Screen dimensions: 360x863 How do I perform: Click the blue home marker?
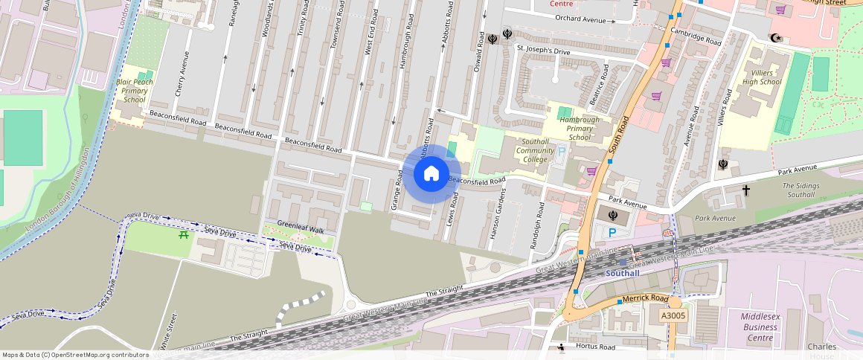pos(431,174)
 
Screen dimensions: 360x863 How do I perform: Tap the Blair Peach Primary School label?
pos(135,90)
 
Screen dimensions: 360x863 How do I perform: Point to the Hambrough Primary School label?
pos(580,128)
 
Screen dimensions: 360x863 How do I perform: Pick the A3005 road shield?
pos(673,316)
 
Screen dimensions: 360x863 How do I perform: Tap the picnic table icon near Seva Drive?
pos(183,235)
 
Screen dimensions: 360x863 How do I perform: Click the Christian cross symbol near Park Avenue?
pos(745,191)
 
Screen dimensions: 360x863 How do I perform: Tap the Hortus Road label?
pos(597,347)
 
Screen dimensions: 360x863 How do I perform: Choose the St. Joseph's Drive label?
pos(543,51)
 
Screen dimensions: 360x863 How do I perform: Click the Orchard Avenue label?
pos(580,19)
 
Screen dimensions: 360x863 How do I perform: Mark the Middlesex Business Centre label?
pos(759,327)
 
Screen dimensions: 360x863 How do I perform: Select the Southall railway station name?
pos(622,273)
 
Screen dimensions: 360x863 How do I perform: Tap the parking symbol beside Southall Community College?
pos(562,151)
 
